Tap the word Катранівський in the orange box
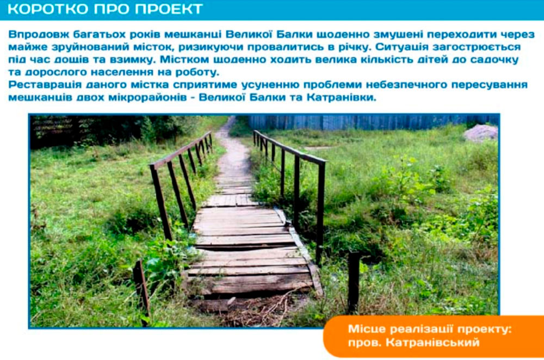pyautogui.click(x=432, y=343)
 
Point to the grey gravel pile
pyautogui.click(x=481, y=133)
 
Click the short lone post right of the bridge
pyautogui.click(x=354, y=282)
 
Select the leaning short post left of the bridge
pyautogui.click(x=142, y=292)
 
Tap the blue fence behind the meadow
pyautogui.click(x=373, y=122)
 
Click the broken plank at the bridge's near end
pyautogui.click(x=250, y=283)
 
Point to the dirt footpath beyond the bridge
pyautogui.click(x=233, y=153)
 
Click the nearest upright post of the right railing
pyautogui.click(x=320, y=212)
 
